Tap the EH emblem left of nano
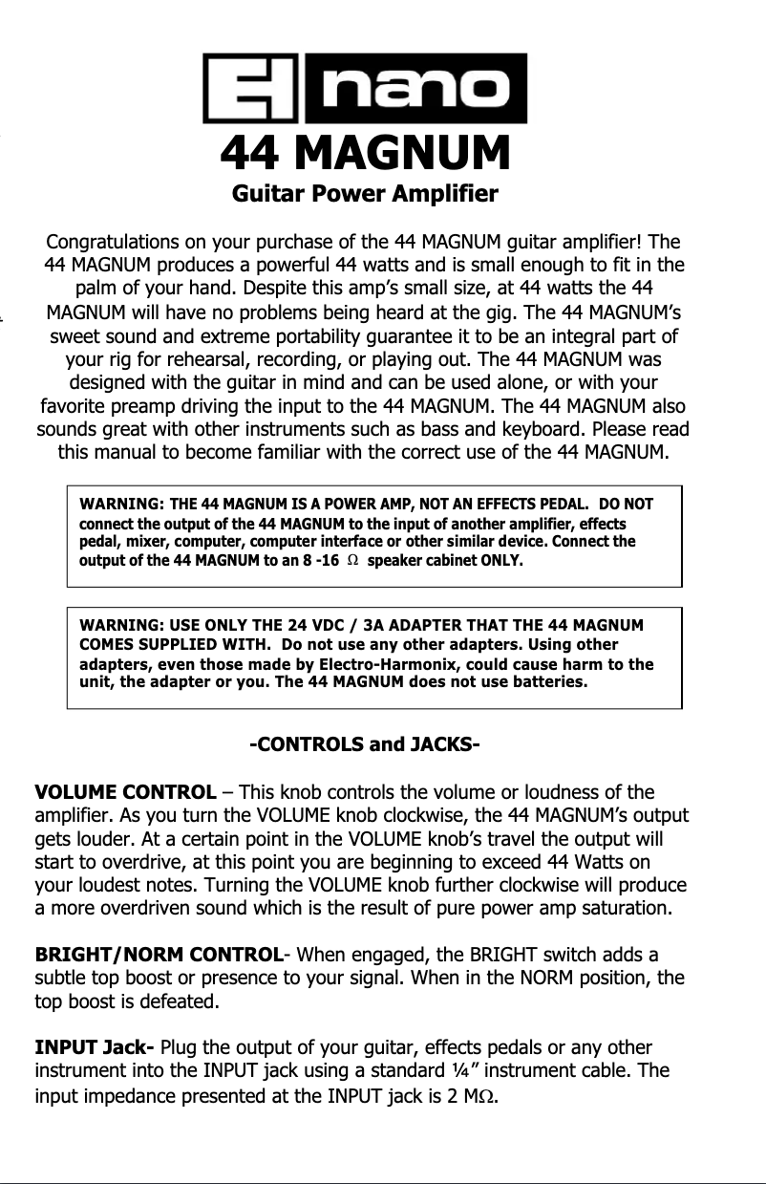(251, 89)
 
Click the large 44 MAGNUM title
(365, 153)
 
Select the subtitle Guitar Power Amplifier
(365, 195)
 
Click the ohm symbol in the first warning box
(352, 560)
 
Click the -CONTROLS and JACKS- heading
(364, 743)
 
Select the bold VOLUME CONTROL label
(125, 792)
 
